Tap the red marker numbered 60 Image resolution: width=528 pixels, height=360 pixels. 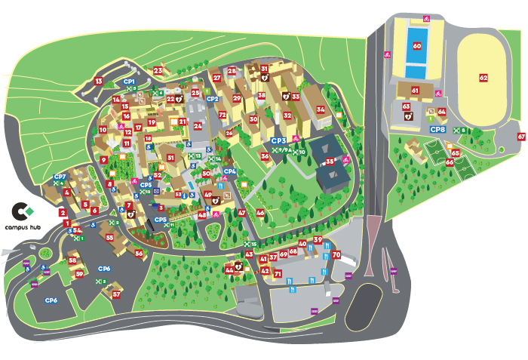416,45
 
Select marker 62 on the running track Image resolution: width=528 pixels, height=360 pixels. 483,77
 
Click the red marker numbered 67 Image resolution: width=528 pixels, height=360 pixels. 521,137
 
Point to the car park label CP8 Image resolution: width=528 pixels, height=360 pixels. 438,130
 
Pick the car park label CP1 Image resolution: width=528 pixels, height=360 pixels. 129,81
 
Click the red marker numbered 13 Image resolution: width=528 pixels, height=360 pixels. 98,81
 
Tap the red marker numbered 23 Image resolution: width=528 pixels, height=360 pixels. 158,71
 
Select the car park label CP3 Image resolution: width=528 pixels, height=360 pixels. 278,140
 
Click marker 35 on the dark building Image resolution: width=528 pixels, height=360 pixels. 330,162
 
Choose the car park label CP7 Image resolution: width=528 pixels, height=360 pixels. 60,177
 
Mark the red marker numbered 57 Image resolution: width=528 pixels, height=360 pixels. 117,294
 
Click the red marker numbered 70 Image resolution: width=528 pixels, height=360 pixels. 336,255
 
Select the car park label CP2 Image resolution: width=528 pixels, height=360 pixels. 213,99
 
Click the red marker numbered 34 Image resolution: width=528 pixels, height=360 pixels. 321,109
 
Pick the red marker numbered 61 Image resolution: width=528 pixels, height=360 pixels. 415,90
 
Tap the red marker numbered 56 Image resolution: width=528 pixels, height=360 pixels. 139,254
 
